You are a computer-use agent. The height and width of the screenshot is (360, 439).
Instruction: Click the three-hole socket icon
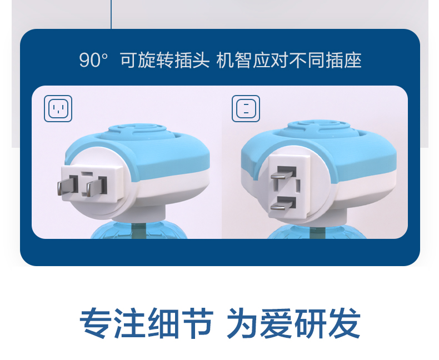point(58,109)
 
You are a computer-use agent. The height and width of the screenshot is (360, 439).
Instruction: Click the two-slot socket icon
point(246,109)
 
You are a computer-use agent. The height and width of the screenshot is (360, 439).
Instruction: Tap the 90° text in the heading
point(93,60)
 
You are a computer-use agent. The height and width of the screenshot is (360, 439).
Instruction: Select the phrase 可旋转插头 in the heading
point(165,60)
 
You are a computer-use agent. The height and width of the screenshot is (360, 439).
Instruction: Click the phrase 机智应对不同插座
point(289,60)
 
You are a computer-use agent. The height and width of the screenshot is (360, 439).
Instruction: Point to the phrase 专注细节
point(147,323)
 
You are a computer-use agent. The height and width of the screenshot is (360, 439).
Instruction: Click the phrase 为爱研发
point(293,323)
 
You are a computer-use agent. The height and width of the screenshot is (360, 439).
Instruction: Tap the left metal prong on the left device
point(67,186)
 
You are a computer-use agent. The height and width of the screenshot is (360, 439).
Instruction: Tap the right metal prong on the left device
point(96,187)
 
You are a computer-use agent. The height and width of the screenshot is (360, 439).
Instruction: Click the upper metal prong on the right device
point(283,173)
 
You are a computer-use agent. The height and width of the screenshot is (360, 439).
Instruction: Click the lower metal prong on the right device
point(283,203)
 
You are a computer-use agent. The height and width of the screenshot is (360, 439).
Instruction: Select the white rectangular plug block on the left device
point(92,184)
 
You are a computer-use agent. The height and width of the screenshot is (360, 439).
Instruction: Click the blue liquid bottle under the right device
point(317,232)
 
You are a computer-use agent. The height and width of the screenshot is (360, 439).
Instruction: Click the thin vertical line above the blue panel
point(111,14)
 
